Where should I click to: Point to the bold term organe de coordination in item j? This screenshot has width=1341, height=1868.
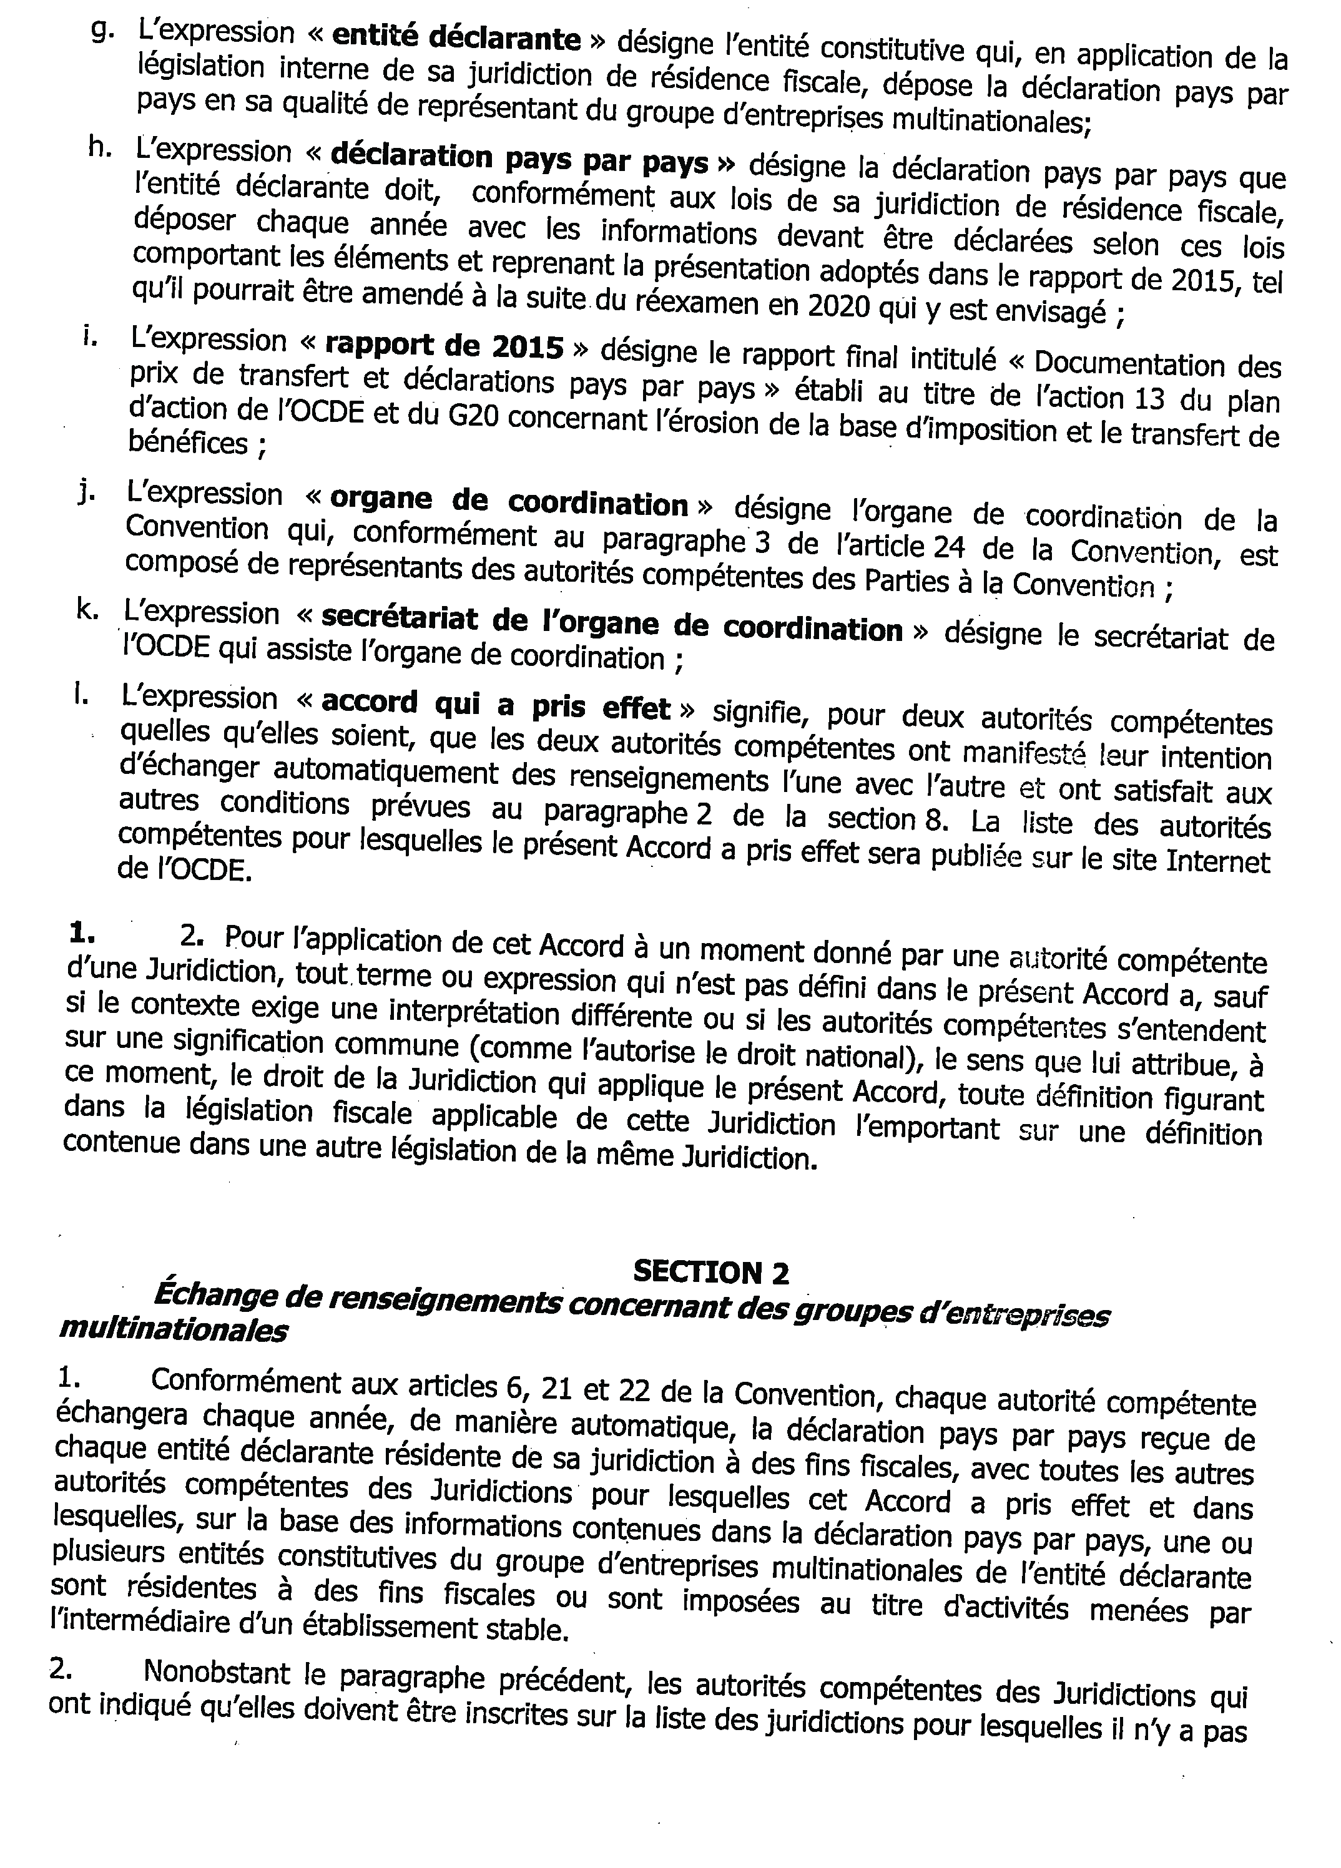508,502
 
